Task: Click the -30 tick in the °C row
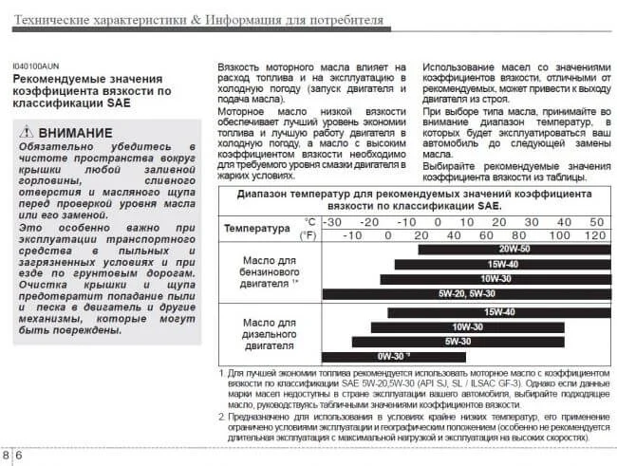331,221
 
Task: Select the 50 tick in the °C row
595,221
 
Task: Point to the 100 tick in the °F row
556,234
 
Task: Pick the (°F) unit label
308,234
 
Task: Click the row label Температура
255,229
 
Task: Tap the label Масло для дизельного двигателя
271,334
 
